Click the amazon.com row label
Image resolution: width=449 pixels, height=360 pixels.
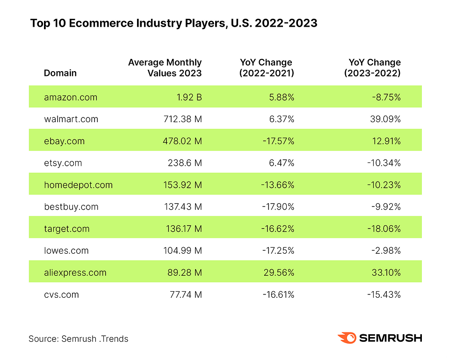(70, 97)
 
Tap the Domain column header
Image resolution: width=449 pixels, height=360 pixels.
(60, 73)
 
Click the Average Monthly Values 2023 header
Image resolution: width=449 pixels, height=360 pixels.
(165, 67)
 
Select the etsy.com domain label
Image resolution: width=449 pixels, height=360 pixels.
(63, 163)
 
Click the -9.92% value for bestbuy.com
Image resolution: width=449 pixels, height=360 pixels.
(386, 207)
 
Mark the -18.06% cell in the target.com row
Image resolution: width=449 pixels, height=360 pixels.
(384, 228)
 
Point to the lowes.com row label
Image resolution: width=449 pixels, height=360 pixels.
(66, 250)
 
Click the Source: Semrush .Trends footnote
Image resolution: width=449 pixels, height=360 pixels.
(78, 338)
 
